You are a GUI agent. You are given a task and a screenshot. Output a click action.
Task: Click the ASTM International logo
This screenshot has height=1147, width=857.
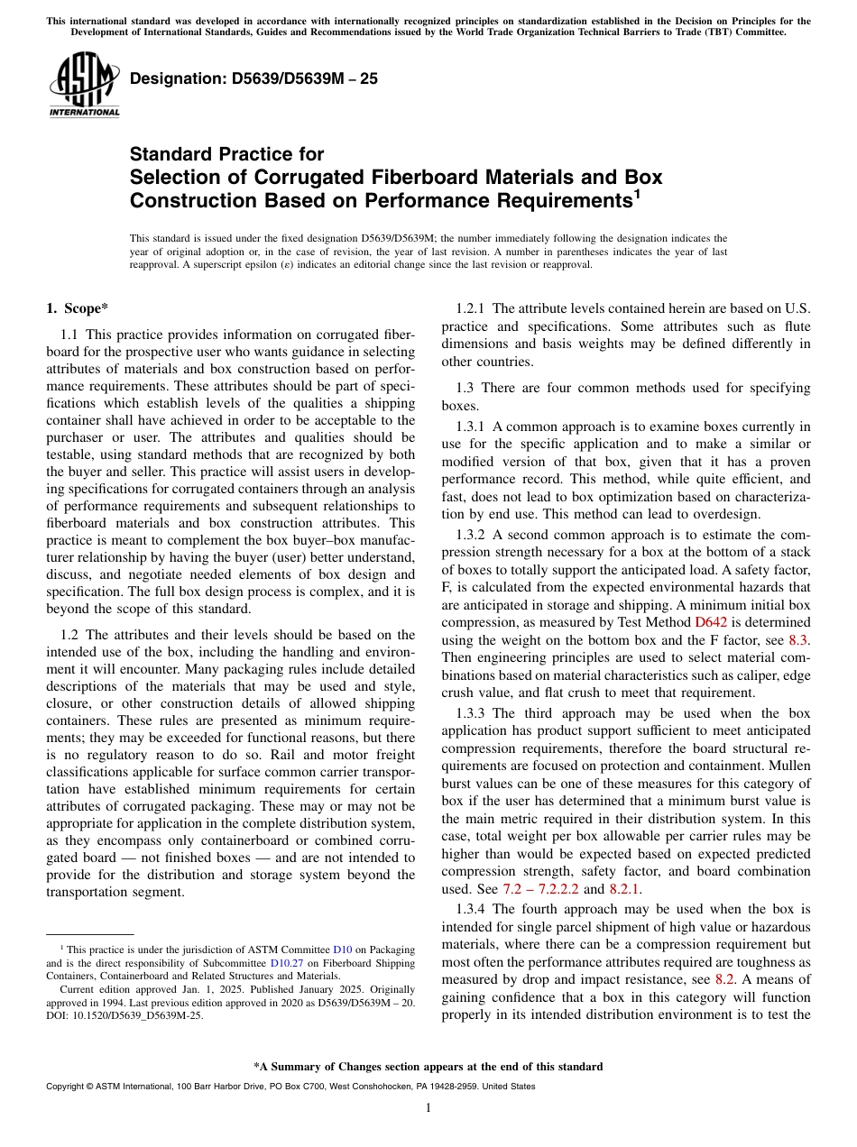pyautogui.click(x=84, y=86)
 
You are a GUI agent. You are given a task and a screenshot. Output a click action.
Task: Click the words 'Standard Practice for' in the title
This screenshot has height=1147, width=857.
pyautogui.click(x=226, y=154)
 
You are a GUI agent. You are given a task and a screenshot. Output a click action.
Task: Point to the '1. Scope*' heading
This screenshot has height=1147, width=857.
pyautogui.click(x=78, y=308)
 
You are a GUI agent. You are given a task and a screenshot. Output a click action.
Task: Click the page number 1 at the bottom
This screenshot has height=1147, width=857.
pyautogui.click(x=428, y=1108)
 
